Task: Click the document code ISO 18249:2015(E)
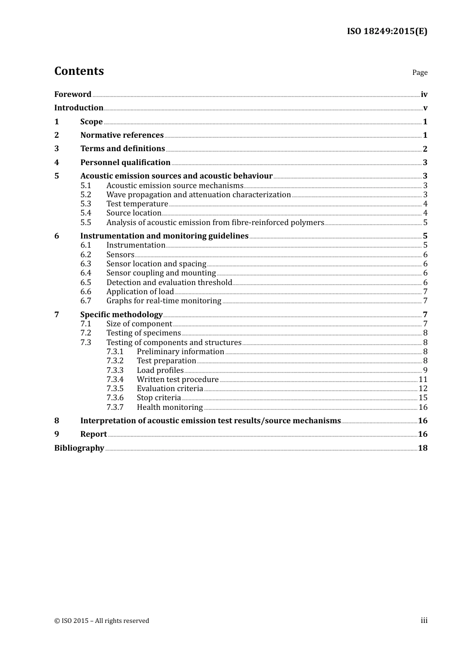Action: pos(387,32)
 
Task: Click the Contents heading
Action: pos(79,71)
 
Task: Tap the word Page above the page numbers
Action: pos(420,72)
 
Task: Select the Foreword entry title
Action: pos(72,95)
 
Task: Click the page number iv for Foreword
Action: pos(424,95)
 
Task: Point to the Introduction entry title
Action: pos(79,108)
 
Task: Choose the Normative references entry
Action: pos(122,135)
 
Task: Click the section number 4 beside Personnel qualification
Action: pos(57,163)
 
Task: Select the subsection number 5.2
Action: pos(85,195)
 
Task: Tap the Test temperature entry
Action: pos(137,204)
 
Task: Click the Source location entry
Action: pos(133,213)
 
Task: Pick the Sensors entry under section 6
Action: pos(120,255)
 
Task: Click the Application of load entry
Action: pos(140,292)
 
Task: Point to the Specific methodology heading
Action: pos(121,315)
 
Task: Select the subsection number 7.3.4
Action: pos(115,380)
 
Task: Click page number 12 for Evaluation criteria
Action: pos(423,389)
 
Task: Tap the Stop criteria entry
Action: pos(158,398)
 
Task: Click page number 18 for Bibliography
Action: pos(422,448)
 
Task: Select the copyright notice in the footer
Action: pos(102,621)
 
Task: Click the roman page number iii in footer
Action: pos(424,621)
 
